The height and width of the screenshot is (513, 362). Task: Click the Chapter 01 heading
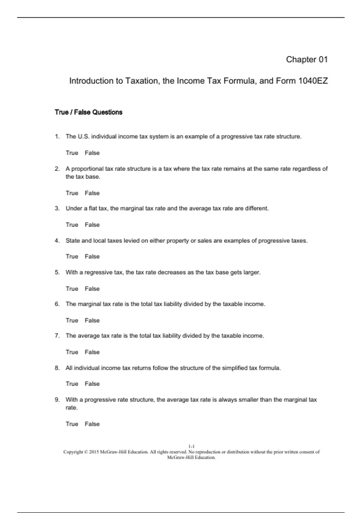point(306,59)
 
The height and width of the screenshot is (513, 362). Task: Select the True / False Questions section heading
point(88,112)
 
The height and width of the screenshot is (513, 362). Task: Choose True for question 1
point(72,153)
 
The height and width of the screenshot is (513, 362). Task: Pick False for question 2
point(92,193)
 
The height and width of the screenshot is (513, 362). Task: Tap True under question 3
point(72,225)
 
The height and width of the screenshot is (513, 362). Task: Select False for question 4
point(92,256)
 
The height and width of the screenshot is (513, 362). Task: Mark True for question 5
point(72,289)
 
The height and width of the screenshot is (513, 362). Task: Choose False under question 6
point(92,320)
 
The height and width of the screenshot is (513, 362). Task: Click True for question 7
point(72,352)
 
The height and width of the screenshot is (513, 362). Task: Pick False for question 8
point(92,384)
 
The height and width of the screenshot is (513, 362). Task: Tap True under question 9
point(72,424)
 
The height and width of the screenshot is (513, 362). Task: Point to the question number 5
point(57,272)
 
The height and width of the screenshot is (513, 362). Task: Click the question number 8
point(57,368)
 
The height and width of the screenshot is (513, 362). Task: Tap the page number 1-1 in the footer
point(191,446)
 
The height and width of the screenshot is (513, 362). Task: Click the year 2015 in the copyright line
point(94,452)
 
